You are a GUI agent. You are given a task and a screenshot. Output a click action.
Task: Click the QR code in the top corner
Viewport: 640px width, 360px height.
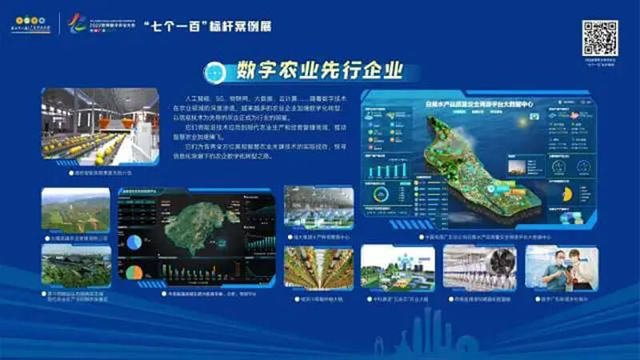click(x=599, y=38)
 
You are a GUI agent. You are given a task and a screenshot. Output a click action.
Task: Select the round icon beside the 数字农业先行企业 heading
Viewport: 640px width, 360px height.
click(x=215, y=72)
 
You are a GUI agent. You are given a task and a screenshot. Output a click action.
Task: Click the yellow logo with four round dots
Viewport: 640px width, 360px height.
click(x=28, y=17)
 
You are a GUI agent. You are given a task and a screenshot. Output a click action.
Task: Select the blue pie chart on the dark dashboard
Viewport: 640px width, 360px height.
click(x=134, y=241)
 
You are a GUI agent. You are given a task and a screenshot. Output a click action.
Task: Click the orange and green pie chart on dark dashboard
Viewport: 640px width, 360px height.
click(x=134, y=272)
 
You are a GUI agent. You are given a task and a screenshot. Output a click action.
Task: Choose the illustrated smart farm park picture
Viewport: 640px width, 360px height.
click(x=398, y=267)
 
